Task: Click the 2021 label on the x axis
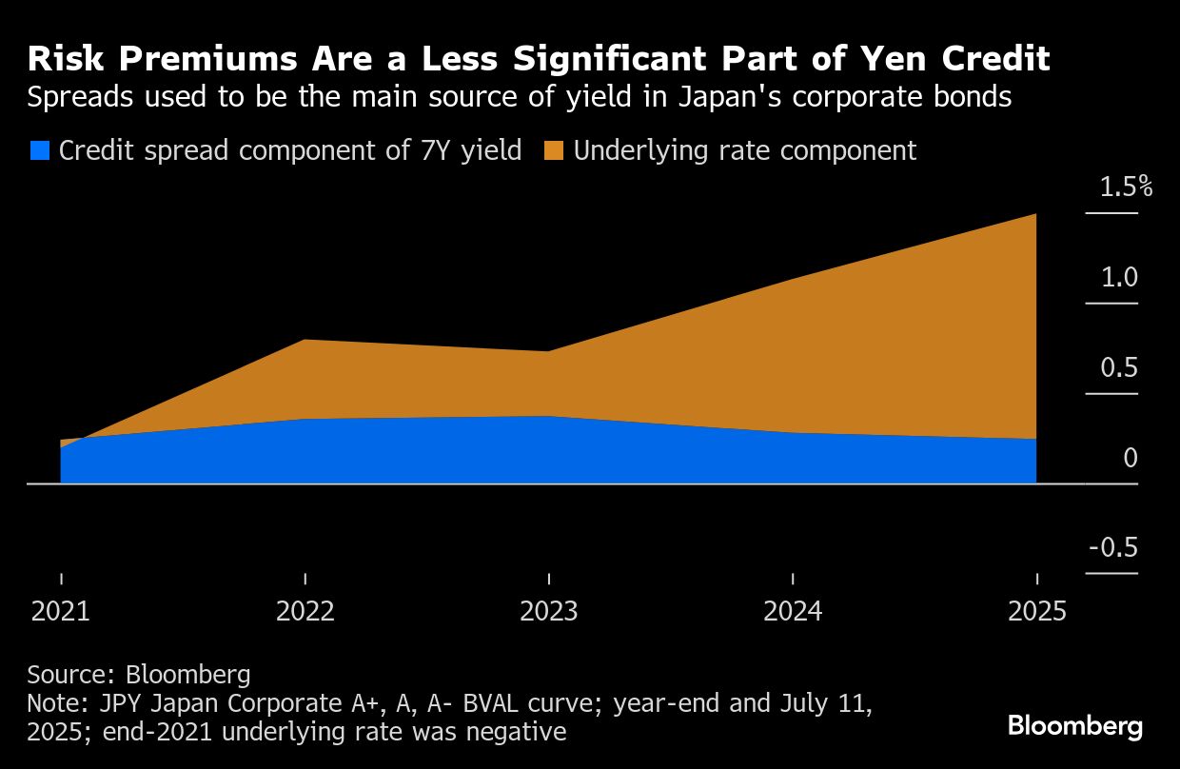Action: pos(60,610)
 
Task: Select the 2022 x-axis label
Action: pos(305,610)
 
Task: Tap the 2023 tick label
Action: pos(548,610)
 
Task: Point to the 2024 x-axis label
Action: pos(793,610)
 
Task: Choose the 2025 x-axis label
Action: pos(1036,610)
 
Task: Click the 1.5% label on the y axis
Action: pos(1126,187)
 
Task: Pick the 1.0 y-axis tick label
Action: pos(1119,278)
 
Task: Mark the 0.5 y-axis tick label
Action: pos(1119,368)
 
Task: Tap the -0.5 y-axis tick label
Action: pos(1113,549)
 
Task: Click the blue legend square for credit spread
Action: pos(39,150)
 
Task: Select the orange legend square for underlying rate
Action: pos(554,150)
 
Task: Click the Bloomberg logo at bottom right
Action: pos(1074,727)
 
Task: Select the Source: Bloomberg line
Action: pos(139,675)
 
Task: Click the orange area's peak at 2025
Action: pos(1035,215)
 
